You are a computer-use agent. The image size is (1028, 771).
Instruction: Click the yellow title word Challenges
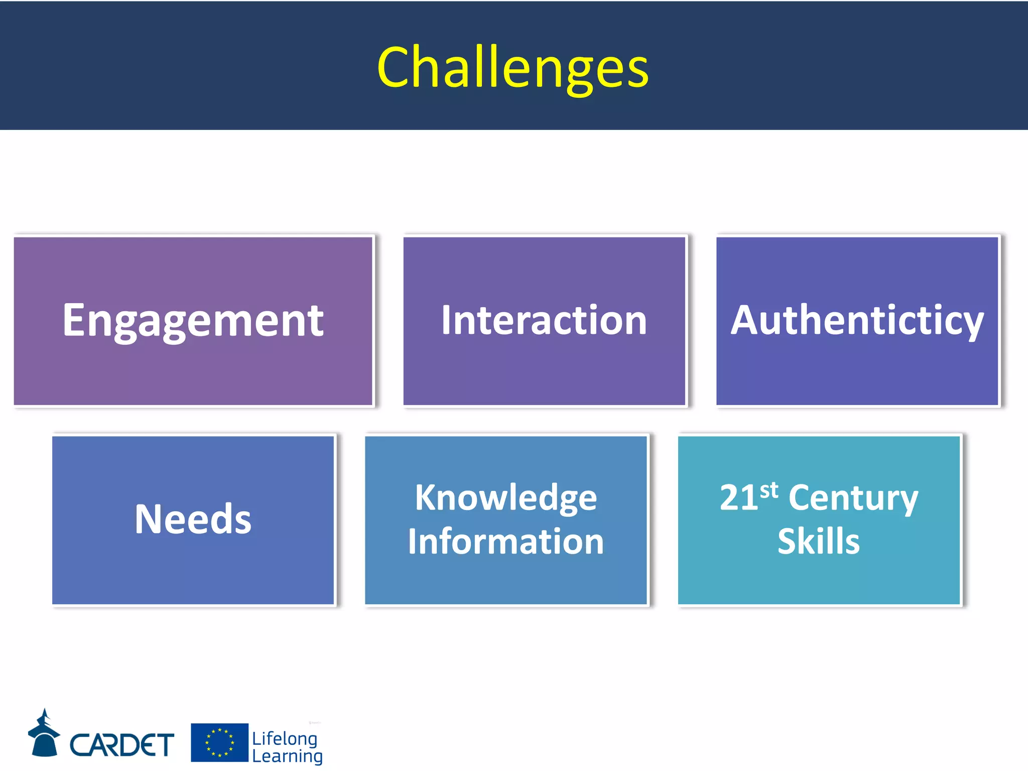click(x=513, y=68)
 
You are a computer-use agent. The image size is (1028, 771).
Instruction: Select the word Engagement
click(x=193, y=321)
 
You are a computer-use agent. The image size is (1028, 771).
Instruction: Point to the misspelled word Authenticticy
click(x=857, y=321)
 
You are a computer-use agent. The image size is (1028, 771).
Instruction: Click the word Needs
click(x=193, y=520)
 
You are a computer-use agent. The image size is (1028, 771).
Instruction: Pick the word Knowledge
click(x=506, y=498)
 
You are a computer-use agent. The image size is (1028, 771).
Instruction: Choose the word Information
click(x=506, y=542)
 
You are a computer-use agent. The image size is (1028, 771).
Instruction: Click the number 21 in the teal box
click(x=738, y=498)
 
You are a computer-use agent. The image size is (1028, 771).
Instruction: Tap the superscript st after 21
click(x=768, y=490)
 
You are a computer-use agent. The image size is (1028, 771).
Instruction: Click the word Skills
click(x=819, y=542)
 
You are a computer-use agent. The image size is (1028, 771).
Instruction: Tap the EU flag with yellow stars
click(x=219, y=742)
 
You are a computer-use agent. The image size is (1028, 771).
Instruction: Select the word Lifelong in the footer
click(x=285, y=738)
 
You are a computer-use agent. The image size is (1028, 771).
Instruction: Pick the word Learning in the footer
click(x=287, y=756)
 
